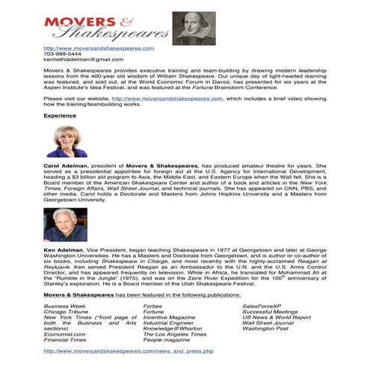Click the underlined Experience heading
60,116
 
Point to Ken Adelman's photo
66,225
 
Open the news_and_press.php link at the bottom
129,350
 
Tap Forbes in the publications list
152,306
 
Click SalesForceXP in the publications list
262,306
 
